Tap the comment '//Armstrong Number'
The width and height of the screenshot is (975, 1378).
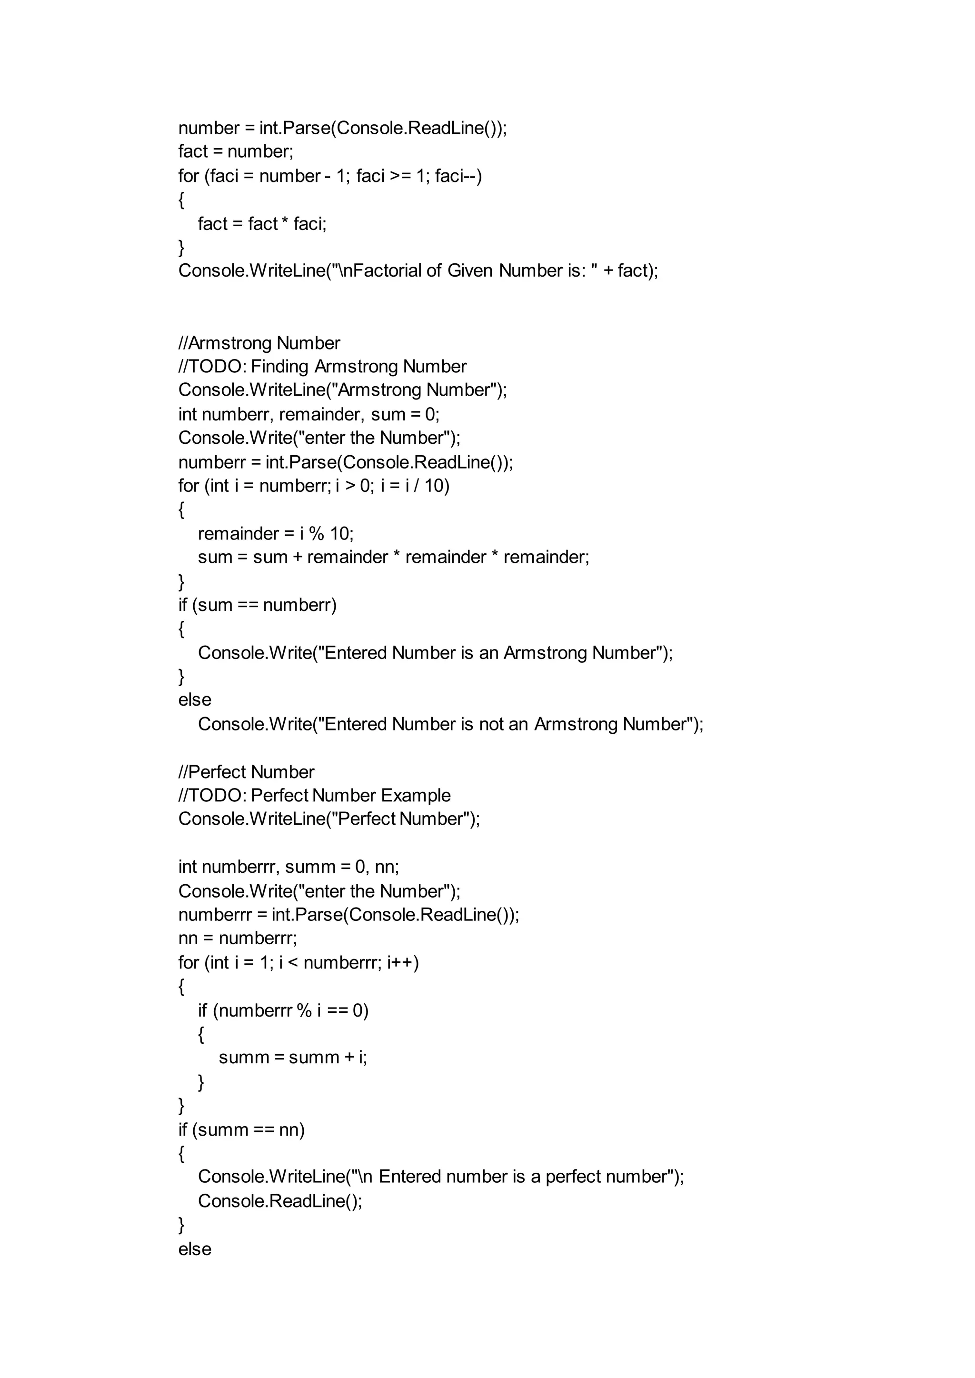click(259, 343)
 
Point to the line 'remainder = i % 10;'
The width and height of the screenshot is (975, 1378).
click(276, 533)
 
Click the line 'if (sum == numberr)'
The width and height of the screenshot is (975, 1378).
click(257, 605)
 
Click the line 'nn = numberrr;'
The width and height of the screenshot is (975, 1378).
click(237, 938)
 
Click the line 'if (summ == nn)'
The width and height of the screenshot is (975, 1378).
click(241, 1129)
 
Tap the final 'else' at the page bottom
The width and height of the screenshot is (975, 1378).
click(195, 1249)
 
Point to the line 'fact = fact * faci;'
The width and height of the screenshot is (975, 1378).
click(262, 223)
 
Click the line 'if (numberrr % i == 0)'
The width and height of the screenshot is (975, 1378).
click(283, 1010)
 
